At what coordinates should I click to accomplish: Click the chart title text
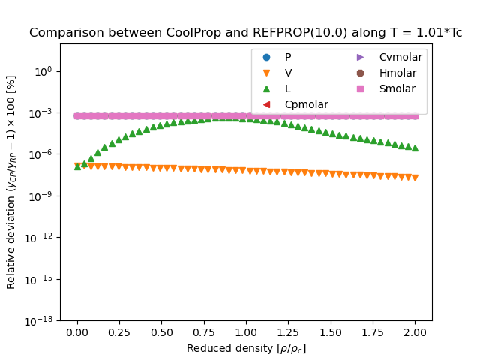pos(245,33)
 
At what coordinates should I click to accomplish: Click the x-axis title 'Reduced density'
pos(246,348)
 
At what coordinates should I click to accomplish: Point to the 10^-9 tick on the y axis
pos(41,196)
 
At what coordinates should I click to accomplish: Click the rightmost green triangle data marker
pos(415,148)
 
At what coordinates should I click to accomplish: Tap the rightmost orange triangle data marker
pos(415,178)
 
